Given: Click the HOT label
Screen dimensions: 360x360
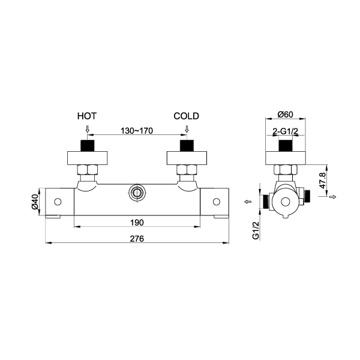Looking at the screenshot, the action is (87, 116).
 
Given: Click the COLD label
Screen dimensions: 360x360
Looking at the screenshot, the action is (186, 116).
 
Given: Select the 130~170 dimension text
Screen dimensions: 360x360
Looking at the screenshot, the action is (137, 131).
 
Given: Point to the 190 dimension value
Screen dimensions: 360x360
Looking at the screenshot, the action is (137, 223).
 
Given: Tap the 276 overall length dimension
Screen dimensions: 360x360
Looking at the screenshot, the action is (137, 239).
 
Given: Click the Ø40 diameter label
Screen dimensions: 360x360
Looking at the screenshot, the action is (35, 202).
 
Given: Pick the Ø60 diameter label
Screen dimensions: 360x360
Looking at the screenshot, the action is (286, 114).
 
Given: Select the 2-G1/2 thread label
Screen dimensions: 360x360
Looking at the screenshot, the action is (285, 131).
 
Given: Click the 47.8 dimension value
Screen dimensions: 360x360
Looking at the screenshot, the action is (322, 181).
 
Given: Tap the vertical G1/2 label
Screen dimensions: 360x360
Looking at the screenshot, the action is (256, 230).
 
